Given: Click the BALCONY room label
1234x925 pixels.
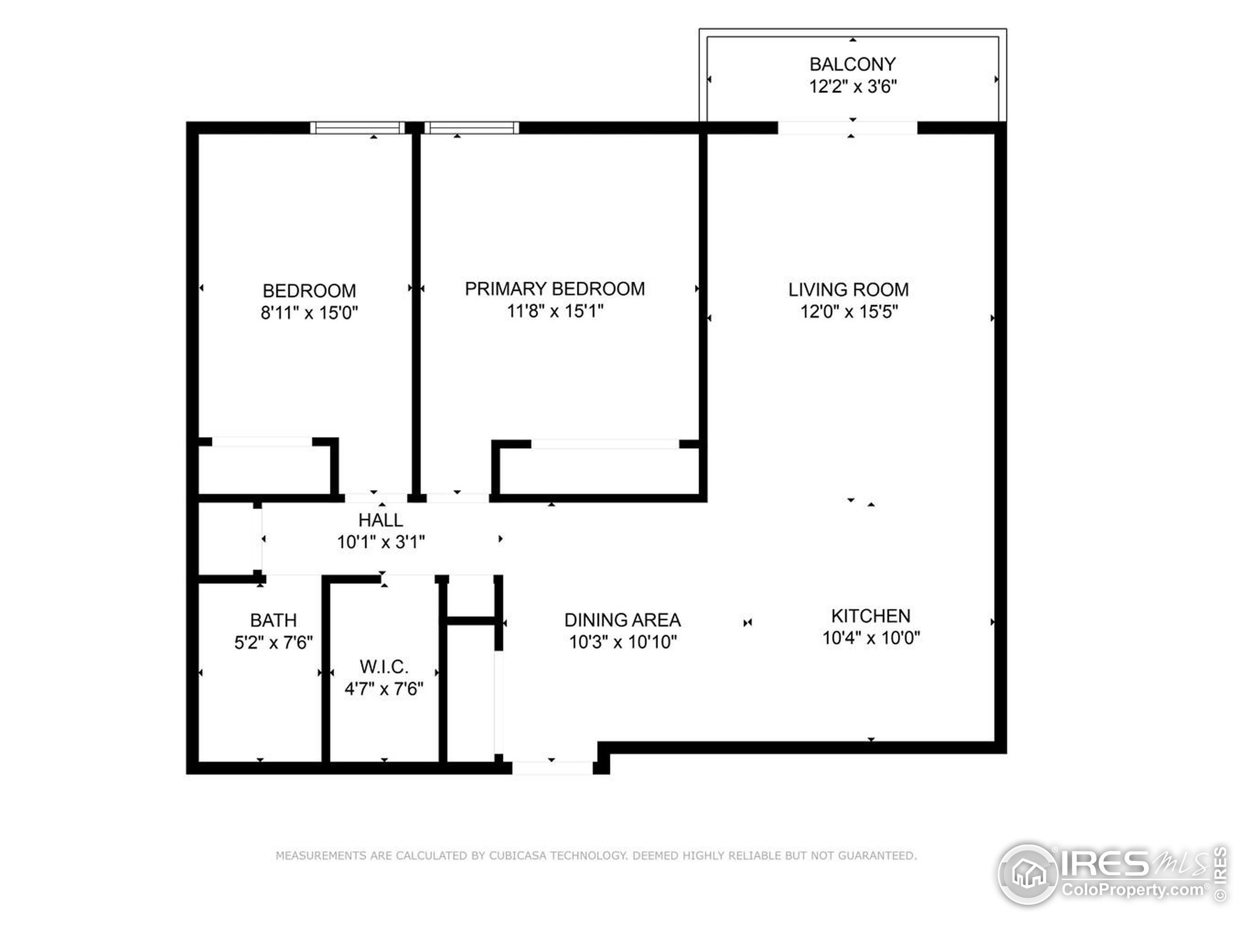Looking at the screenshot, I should click(852, 64).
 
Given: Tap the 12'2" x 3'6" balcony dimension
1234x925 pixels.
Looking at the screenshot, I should click(852, 86).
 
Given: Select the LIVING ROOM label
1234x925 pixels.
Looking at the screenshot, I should click(848, 290).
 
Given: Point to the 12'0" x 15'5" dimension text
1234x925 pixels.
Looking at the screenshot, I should click(848, 311).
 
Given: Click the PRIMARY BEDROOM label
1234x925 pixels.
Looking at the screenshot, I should click(554, 288).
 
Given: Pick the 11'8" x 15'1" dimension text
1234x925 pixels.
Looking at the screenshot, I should click(554, 311).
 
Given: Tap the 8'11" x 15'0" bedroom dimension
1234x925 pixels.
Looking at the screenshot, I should click(309, 312).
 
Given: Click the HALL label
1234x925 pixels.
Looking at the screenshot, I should click(380, 520).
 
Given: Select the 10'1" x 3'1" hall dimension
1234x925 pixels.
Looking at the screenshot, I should click(380, 542).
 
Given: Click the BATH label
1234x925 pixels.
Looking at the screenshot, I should click(273, 620).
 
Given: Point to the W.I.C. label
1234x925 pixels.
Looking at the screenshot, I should click(384, 666).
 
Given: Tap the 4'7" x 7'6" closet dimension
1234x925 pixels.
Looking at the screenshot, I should click(384, 688).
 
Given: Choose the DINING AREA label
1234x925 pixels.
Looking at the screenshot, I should click(622, 620).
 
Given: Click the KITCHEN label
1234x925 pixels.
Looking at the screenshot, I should click(870, 616).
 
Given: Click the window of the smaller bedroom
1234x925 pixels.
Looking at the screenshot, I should click(357, 128).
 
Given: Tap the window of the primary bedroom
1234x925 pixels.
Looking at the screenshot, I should click(472, 128).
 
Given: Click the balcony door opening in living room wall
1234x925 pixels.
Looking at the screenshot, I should click(847, 128).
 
